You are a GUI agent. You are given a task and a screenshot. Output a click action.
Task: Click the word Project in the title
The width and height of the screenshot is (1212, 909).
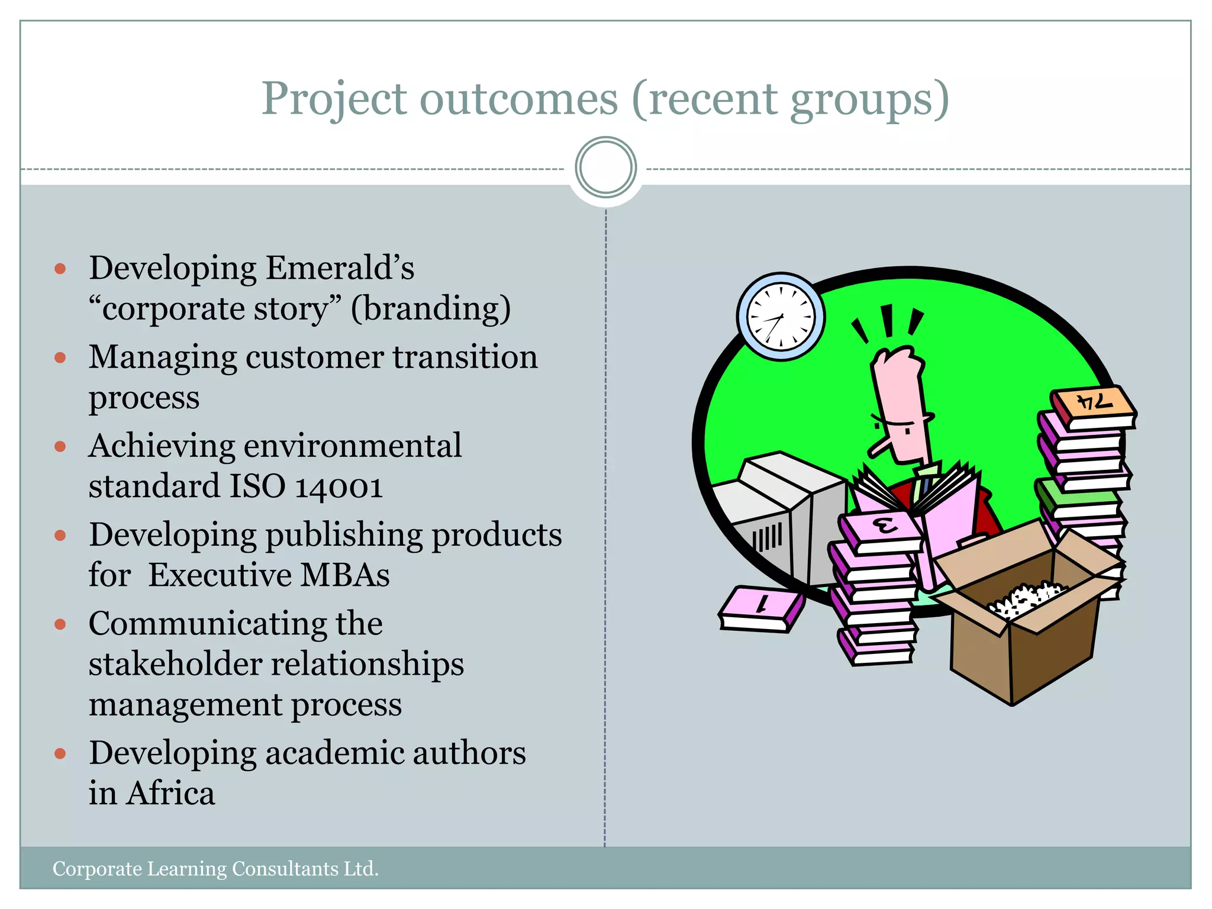pos(334,99)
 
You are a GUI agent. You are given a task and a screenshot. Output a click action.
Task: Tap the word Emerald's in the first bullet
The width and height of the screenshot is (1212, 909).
pos(340,268)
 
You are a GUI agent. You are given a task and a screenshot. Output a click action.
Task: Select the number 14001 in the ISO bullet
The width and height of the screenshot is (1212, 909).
pos(339,486)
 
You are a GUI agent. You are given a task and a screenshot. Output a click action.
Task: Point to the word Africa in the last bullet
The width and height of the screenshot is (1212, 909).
pos(170,794)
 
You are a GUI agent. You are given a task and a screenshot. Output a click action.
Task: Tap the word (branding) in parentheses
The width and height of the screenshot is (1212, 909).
pos(430,309)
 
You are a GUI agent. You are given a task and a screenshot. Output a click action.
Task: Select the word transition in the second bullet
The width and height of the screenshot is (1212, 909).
pos(465,357)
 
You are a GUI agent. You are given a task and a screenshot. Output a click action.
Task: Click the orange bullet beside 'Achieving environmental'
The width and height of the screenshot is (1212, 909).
pos(60,446)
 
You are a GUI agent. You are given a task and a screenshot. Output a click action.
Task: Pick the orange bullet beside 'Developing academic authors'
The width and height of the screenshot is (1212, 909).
pos(60,753)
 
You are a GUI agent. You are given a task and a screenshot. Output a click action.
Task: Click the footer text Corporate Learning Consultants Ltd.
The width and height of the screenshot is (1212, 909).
pos(215,869)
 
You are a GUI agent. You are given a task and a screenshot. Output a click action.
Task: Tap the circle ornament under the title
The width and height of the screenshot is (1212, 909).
pos(605,167)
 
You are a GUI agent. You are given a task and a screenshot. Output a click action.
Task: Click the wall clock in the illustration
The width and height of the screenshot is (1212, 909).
pos(781,317)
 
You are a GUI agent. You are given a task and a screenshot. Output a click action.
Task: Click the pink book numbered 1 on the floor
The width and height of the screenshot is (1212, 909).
pos(762,608)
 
